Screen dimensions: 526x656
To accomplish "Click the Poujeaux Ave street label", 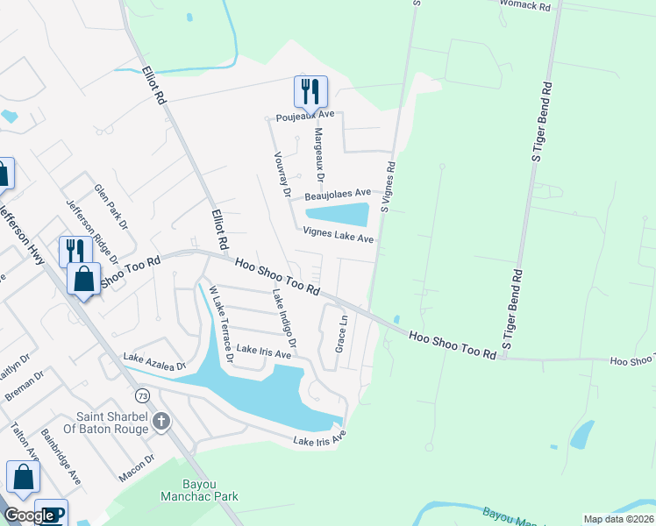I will [x=303, y=115].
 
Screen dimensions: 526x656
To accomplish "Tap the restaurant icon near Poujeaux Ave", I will [x=310, y=90].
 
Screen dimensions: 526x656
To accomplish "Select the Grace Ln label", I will [x=342, y=334].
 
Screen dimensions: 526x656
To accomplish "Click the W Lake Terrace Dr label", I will [x=219, y=323].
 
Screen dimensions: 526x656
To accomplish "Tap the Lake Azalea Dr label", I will [x=155, y=360].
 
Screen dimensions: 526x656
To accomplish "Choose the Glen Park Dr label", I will [x=112, y=209].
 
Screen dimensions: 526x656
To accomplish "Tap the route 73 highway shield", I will [x=143, y=396].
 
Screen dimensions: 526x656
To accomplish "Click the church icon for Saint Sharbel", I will [x=160, y=423].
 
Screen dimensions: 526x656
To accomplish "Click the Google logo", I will [x=28, y=516].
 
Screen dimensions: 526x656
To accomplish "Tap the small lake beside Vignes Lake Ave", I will [x=338, y=214].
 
